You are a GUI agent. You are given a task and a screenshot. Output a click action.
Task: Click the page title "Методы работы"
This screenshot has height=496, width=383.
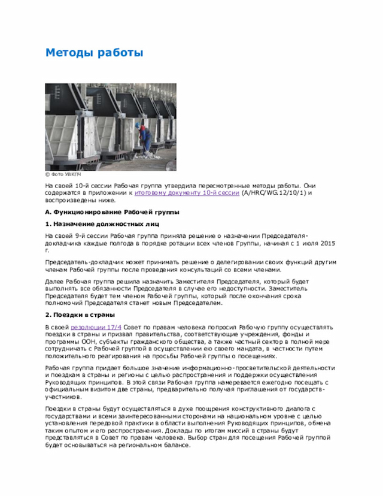coord(94,53)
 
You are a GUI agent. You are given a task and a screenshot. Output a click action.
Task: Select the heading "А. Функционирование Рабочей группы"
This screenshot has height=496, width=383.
coord(113,212)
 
